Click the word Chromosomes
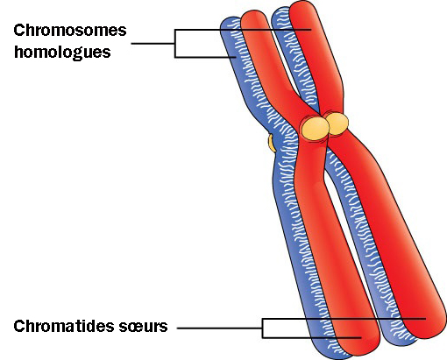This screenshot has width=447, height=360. pos(70,30)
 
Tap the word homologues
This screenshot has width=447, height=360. pos(62,52)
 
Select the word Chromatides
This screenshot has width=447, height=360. pos(64,326)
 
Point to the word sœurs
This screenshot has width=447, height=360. pos(143,327)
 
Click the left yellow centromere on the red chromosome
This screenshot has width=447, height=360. pos(316,128)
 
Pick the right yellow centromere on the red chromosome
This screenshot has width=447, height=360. pos(337,124)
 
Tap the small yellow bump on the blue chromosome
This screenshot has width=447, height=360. pos(272,143)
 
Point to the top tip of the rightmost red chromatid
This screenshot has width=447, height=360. pos(304,1)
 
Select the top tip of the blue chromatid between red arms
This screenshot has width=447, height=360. pos(280,8)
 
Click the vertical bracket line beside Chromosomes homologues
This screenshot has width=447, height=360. pos(175,43)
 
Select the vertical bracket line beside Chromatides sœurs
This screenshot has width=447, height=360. pos(262,328)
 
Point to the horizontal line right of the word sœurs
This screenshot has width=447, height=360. pos(219,328)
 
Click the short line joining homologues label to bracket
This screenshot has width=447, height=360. pos(153,44)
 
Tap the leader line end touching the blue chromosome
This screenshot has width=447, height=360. pos(236,57)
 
